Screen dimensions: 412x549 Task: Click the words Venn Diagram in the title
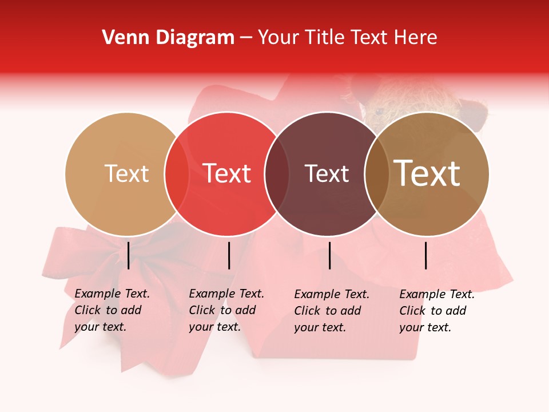tap(168, 38)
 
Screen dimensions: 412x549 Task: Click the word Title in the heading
tap(325, 38)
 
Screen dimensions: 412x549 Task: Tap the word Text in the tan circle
tap(126, 173)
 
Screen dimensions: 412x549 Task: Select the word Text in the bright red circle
tap(227, 173)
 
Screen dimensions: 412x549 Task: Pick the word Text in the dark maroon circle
tap(327, 173)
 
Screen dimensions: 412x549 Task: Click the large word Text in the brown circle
tap(427, 173)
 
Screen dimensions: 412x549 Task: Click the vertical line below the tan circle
tap(129, 255)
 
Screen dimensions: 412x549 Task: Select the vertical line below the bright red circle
tap(229, 255)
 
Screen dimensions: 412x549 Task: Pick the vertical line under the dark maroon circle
tap(329, 255)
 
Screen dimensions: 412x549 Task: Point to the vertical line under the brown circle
tap(426, 255)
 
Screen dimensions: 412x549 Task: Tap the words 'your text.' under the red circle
tap(214, 327)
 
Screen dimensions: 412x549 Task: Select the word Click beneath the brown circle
tap(413, 311)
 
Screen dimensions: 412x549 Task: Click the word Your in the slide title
tap(279, 38)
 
